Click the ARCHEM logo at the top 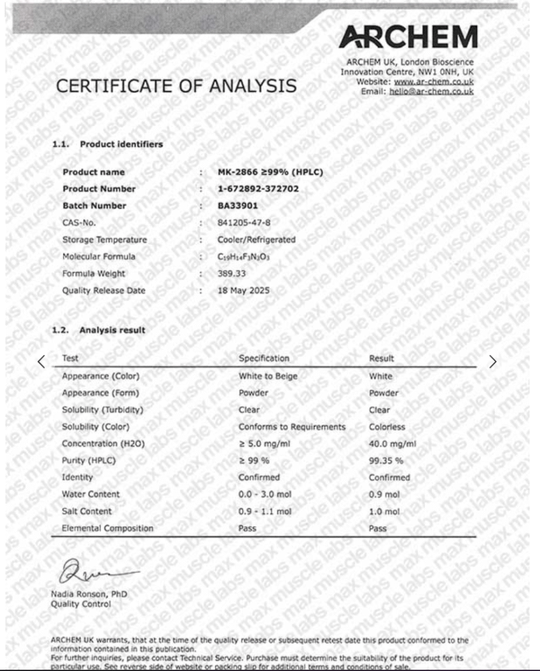click(408, 37)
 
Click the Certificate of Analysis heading click(176, 86)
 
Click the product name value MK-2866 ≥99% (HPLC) click(270, 172)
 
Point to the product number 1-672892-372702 click(258, 189)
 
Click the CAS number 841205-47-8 click(244, 223)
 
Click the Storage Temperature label click(105, 240)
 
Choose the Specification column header click(263, 358)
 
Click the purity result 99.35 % click(386, 461)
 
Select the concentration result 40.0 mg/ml click(393, 444)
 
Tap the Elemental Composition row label click(107, 528)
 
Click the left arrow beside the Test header click(41, 361)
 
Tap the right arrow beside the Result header click(493, 361)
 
